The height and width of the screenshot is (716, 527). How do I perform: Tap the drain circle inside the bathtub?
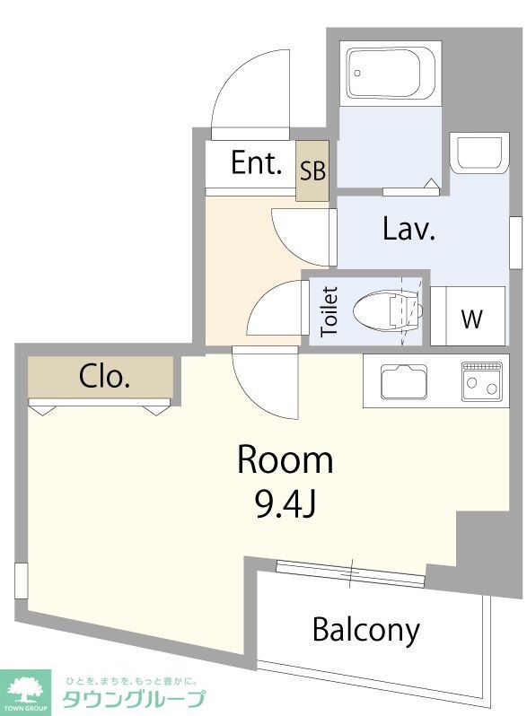(357, 73)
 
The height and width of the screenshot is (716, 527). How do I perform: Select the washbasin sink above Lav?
(479, 153)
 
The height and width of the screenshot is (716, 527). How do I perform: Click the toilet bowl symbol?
(388, 310)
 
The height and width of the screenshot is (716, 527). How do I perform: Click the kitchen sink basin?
(403, 381)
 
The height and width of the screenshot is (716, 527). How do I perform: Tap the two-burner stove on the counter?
(482, 381)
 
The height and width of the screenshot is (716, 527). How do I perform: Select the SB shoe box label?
(312, 170)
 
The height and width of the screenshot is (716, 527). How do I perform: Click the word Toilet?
(329, 312)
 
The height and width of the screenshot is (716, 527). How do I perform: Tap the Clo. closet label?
(104, 377)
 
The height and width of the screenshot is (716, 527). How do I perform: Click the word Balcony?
(366, 630)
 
